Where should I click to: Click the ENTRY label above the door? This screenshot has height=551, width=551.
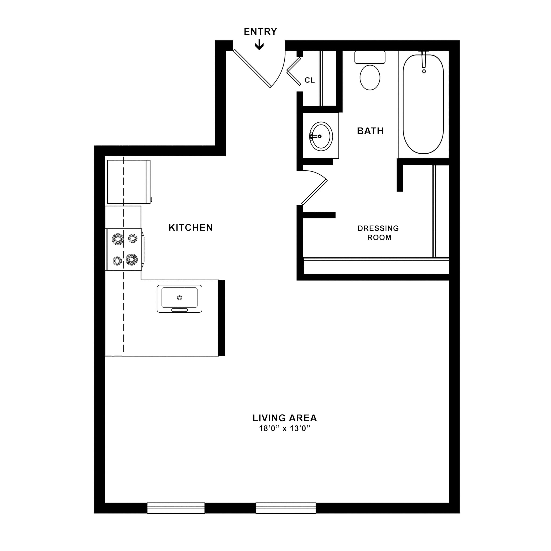(x=260, y=31)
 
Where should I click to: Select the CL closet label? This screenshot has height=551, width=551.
(x=309, y=80)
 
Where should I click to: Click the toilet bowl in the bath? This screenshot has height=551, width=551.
(x=370, y=77)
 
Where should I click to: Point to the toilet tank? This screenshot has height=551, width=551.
(x=370, y=57)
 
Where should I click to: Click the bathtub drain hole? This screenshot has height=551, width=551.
(x=424, y=71)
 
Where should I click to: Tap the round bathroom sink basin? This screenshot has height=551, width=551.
(x=321, y=136)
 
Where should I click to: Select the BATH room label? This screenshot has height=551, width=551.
(x=370, y=131)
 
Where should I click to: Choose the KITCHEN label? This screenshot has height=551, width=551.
(x=190, y=228)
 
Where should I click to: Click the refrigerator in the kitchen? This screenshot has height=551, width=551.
(x=129, y=182)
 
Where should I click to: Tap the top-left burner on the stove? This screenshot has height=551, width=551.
(x=118, y=239)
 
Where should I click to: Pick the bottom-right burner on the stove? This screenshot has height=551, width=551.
(x=132, y=260)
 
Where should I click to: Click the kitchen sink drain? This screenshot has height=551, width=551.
(x=179, y=298)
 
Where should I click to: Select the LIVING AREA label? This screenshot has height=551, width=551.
(x=285, y=418)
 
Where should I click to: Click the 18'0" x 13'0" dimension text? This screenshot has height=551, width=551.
(x=284, y=428)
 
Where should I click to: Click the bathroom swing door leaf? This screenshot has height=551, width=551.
(x=314, y=193)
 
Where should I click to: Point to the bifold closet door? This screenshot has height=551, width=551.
(x=294, y=71)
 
